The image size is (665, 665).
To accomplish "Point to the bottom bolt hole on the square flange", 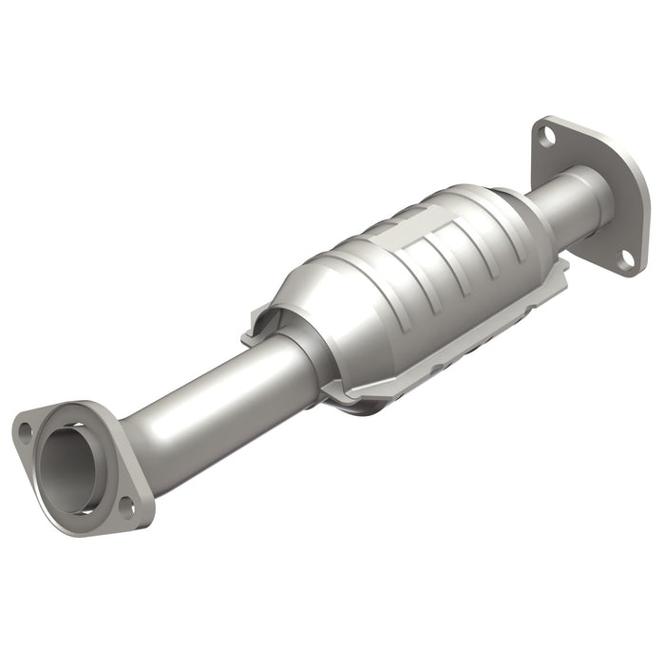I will coord(627,256).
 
